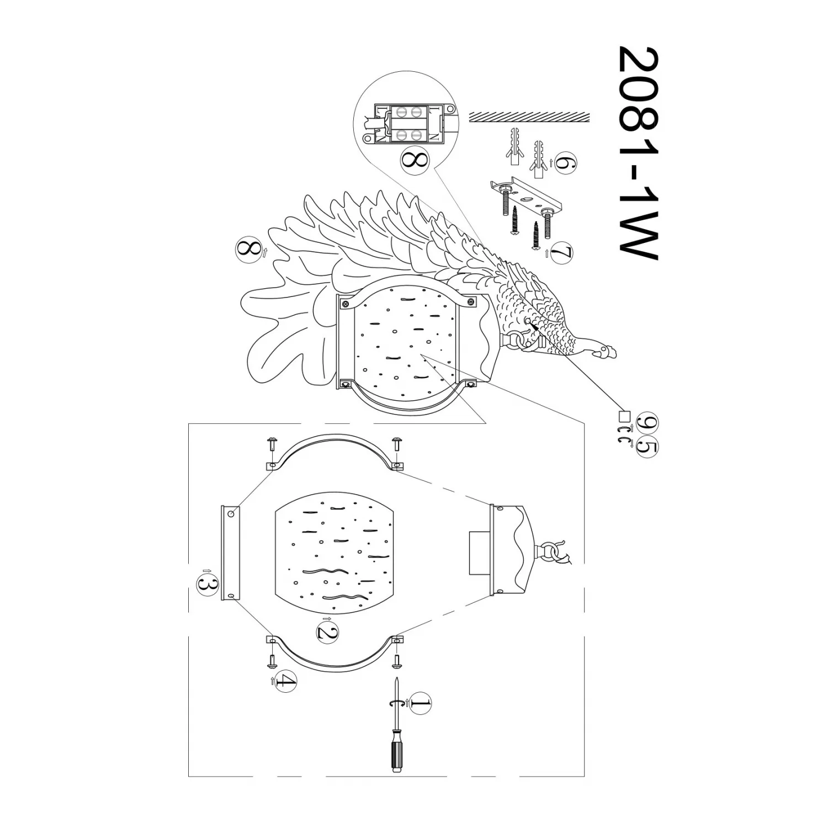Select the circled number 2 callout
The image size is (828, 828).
[x=327, y=633]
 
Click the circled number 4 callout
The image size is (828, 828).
[x=285, y=681]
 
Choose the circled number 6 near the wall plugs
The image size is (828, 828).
[x=566, y=163]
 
